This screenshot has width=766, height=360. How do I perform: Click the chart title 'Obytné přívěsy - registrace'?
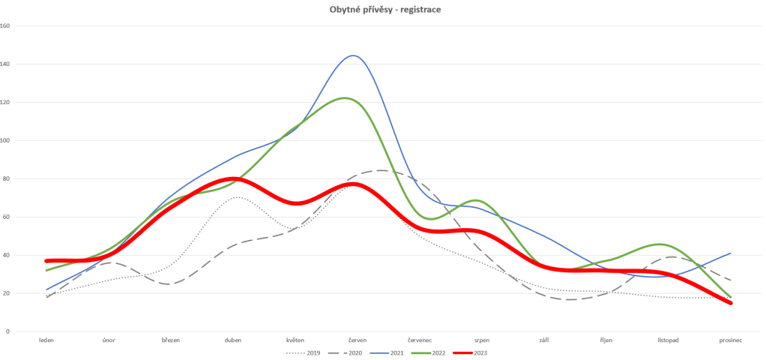click(x=382, y=9)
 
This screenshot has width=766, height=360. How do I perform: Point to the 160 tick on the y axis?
click(x=5, y=25)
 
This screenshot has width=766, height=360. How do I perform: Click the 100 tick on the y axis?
click(x=5, y=140)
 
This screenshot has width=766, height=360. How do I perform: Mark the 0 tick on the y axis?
click(x=7, y=331)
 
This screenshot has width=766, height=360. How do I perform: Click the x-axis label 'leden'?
click(x=46, y=340)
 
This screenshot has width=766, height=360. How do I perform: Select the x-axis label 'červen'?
click(x=357, y=340)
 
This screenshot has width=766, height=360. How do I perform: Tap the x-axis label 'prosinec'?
click(x=730, y=340)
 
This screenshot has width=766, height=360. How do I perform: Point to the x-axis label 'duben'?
click(x=233, y=340)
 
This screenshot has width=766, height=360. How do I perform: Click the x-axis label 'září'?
click(x=543, y=340)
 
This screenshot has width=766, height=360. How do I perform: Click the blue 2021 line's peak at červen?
click(x=353, y=55)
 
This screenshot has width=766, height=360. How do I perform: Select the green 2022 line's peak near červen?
click(x=346, y=98)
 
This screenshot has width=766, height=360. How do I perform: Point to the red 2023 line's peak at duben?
click(x=233, y=178)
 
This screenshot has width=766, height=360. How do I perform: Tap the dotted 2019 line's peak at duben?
click(x=237, y=197)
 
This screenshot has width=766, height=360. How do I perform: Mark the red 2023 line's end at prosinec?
click(x=730, y=303)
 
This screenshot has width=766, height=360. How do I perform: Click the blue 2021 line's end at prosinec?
click(x=730, y=253)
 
